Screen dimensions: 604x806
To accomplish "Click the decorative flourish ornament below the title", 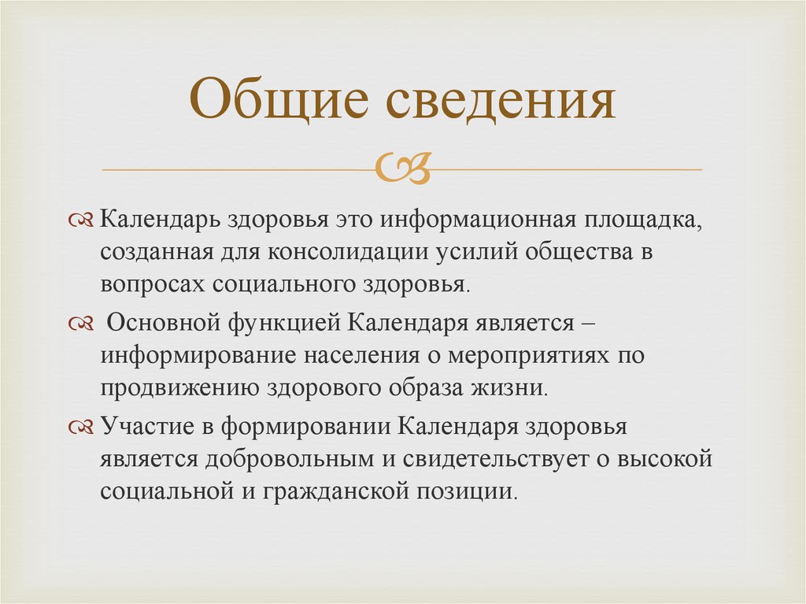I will point(403,168).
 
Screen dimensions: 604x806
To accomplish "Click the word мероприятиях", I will point(530,356).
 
